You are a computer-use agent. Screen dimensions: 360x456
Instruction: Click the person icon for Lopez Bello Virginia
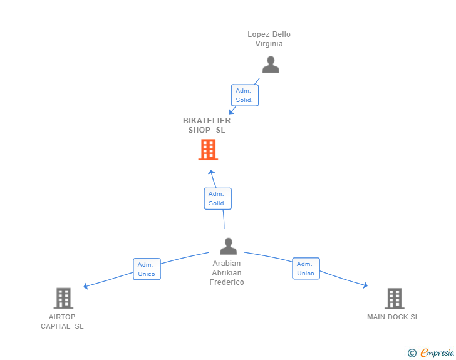(271, 64)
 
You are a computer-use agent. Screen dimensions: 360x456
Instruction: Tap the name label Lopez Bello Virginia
(269, 39)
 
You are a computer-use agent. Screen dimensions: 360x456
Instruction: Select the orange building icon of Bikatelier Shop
(208, 150)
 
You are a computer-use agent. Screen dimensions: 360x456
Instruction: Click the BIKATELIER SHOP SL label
(207, 125)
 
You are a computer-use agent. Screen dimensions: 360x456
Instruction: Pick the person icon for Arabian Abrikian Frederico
(229, 246)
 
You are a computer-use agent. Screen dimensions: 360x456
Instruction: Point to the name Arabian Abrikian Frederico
(227, 273)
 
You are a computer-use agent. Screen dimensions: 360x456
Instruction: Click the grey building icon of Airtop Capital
(63, 298)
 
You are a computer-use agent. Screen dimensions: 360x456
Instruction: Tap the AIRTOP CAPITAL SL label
(62, 321)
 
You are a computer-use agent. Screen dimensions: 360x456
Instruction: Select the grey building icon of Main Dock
(394, 298)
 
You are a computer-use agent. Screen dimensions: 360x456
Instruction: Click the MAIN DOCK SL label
(393, 317)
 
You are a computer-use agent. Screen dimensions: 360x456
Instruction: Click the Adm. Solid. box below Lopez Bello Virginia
(244, 95)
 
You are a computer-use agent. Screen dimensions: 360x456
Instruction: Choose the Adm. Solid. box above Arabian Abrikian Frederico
(217, 198)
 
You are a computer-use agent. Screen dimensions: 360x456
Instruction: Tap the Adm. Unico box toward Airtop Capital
(147, 269)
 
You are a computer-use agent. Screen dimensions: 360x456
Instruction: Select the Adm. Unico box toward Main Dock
(306, 269)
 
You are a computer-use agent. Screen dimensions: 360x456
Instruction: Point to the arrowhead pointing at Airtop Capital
(86, 287)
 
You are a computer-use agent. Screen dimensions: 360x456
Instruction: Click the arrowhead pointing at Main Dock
(365, 286)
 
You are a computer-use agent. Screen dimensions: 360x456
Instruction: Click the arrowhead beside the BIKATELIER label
(231, 111)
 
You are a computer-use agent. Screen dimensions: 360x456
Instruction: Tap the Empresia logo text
(437, 353)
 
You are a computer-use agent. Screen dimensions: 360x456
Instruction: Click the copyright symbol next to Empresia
(412, 353)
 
